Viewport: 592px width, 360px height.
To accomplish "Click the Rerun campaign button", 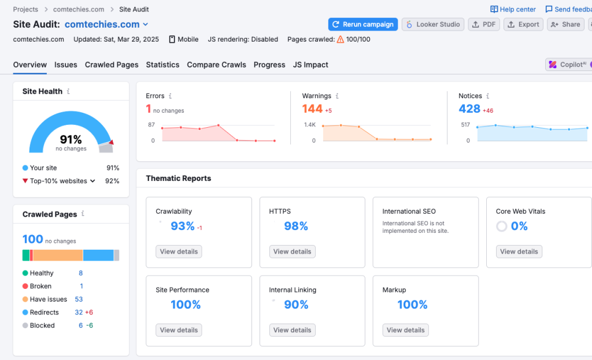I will pos(363,24).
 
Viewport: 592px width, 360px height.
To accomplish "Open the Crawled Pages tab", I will pos(112,65).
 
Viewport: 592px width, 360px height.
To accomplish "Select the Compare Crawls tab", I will pos(216,65).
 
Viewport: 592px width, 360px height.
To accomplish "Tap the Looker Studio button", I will pos(433,24).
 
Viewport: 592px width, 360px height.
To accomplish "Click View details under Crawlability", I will pos(179,251).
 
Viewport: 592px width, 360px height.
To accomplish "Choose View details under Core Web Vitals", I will pos(519,251).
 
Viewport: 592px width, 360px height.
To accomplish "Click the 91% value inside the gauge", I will pos(71,139).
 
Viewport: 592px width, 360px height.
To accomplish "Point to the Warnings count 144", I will pos(312,109).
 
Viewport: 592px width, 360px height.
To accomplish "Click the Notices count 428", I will pos(469,109).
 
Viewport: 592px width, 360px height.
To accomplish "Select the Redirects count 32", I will pos(79,313).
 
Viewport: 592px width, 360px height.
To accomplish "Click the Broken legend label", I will pos(40,286).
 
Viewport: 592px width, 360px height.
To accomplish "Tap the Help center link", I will pos(513,9).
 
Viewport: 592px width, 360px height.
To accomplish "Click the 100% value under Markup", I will pos(412,305).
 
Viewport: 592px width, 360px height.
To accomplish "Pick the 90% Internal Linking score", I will pos(296,305).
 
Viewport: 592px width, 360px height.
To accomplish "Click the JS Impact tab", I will pos(310,65).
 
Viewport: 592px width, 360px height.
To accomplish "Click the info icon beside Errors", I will pos(170,96).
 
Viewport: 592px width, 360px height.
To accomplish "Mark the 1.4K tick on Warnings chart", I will pos(310,125).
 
